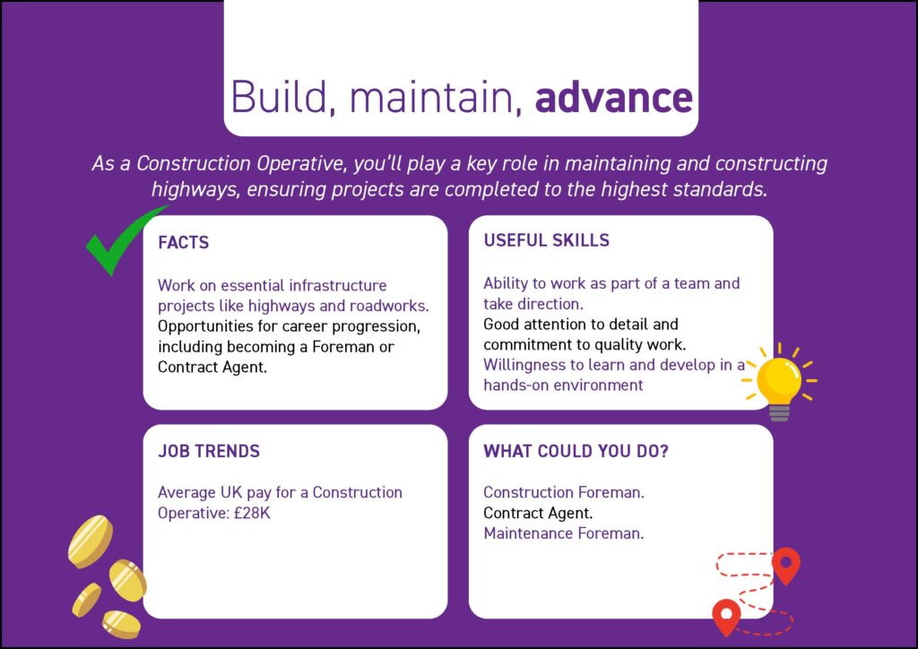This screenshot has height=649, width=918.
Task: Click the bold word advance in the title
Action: (x=614, y=97)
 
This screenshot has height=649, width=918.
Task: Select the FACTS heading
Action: (x=183, y=242)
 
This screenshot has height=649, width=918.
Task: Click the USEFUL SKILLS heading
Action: (x=546, y=240)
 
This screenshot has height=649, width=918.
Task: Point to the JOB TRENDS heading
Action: (x=208, y=451)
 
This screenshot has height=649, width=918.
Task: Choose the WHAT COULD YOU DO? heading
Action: (x=576, y=451)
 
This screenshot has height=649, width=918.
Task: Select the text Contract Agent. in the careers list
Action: (x=538, y=514)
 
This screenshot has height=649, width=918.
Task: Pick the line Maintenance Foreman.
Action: (x=563, y=533)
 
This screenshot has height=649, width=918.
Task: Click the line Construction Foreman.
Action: (x=564, y=493)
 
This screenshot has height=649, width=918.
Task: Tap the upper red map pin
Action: (x=785, y=564)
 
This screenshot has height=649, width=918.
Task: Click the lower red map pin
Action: (x=726, y=616)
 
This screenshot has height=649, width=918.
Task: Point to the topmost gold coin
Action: (x=91, y=541)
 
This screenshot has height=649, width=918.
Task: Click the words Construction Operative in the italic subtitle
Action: (x=240, y=164)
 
